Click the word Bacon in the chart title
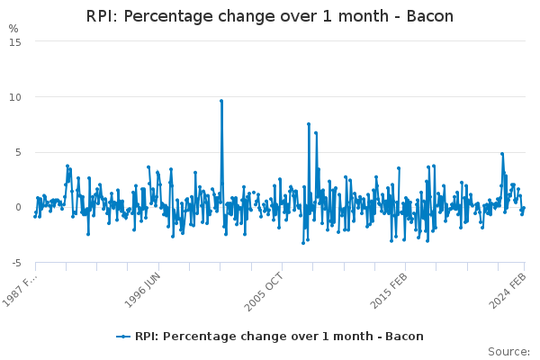tap(429, 16)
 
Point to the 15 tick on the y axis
tap(15, 42)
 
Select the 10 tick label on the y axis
tap(15, 97)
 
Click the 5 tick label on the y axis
tap(18, 152)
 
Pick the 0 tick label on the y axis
tap(18, 207)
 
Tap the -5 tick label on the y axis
tap(16, 263)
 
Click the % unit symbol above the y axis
tap(13, 29)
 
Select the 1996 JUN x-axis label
tap(142, 290)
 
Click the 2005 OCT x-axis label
tap(264, 292)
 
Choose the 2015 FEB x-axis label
tap(389, 291)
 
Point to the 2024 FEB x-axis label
tap(508, 291)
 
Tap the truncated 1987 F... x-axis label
tap(19, 291)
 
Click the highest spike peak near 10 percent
tap(221, 101)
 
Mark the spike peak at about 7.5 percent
tap(309, 124)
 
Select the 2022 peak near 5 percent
tap(502, 154)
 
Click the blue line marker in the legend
tap(123, 337)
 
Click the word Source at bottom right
tap(508, 352)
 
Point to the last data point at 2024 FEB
tap(524, 208)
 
